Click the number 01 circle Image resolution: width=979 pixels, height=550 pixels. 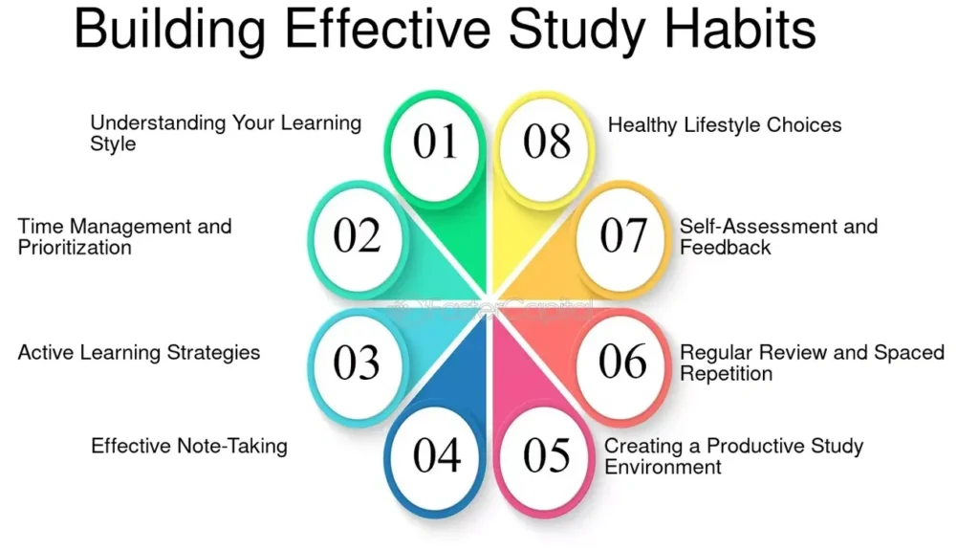(436, 142)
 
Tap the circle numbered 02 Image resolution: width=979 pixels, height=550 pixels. (357, 236)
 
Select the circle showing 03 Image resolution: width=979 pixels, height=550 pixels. (357, 363)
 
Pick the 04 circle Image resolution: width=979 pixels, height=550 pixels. (436, 456)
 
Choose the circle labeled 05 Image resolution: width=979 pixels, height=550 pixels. (546, 456)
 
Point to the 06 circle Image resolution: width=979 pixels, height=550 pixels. (622, 362)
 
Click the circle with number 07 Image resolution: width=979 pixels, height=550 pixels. (622, 236)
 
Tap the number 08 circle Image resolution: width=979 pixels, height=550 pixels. (546, 142)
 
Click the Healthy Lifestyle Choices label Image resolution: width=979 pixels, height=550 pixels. (725, 125)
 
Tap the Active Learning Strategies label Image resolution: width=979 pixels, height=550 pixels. (139, 353)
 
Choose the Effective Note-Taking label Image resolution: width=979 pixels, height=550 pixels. (189, 446)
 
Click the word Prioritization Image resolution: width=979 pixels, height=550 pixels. (75, 248)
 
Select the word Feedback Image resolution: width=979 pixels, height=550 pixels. (726, 248)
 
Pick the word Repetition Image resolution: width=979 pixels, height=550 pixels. (726, 373)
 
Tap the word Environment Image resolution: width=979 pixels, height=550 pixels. (663, 467)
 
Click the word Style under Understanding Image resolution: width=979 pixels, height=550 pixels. (113, 144)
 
